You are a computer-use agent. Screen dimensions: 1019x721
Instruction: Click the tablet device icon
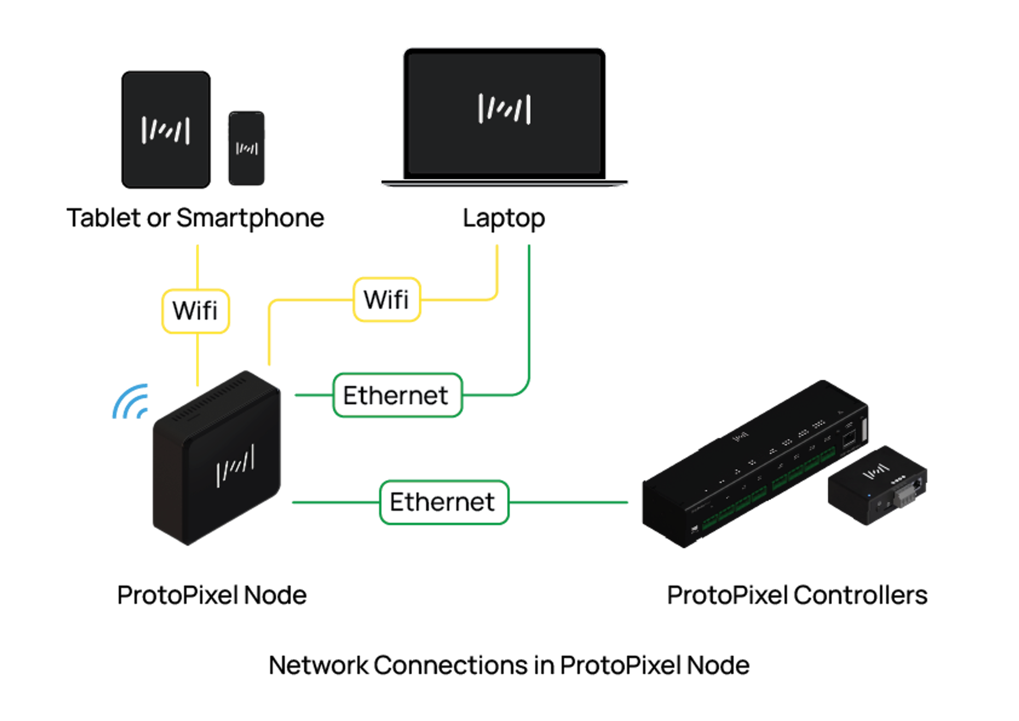click(166, 130)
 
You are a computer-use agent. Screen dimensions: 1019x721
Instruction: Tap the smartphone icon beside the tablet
click(247, 148)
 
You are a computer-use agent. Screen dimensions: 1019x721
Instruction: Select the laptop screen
click(504, 114)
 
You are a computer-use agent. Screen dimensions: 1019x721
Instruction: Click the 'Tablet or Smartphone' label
click(195, 218)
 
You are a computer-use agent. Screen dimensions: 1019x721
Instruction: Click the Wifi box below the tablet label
click(196, 311)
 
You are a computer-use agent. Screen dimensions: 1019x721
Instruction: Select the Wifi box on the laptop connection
click(387, 299)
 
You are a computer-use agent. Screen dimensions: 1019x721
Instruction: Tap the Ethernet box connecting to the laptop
click(397, 395)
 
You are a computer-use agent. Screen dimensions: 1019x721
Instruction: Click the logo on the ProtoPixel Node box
click(235, 465)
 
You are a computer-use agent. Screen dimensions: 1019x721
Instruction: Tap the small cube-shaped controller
click(877, 485)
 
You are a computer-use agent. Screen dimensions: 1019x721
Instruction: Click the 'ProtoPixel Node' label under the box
click(212, 595)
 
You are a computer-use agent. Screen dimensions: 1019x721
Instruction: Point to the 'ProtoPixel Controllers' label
click(797, 595)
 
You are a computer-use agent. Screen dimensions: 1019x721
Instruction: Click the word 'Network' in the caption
click(318, 665)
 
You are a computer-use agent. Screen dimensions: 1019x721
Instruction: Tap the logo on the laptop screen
click(504, 109)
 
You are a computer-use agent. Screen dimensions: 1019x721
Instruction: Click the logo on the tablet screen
click(166, 130)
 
